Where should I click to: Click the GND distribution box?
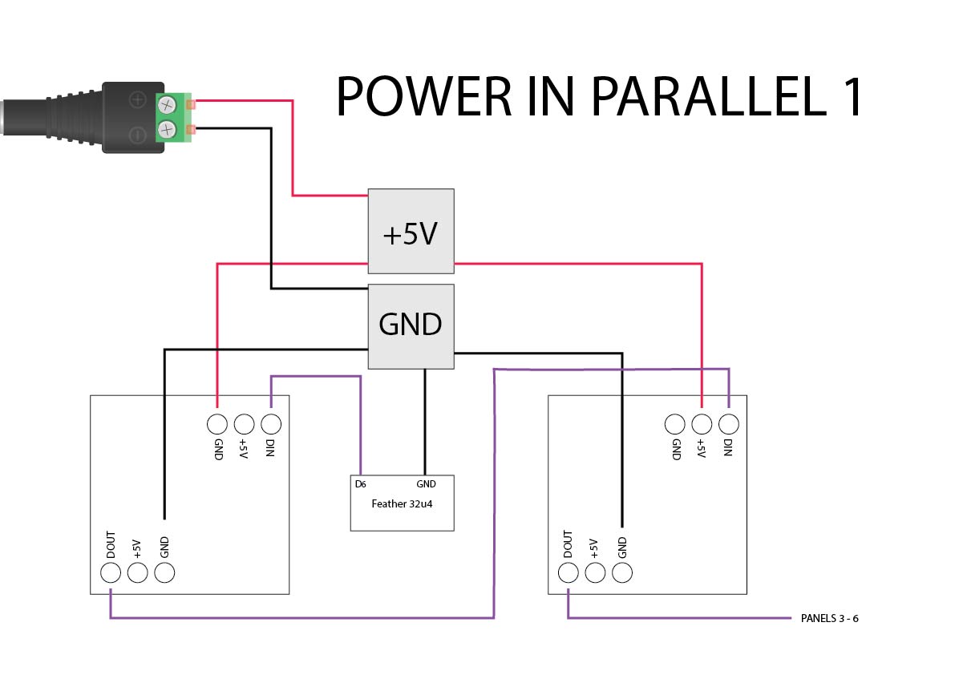[411, 325]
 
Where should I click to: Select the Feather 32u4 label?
[402, 504]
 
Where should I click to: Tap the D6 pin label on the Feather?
[361, 484]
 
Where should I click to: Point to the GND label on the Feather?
[426, 484]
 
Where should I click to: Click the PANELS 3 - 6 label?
[830, 619]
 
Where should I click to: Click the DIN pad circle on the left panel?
[271, 424]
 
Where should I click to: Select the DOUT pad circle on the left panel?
[111, 572]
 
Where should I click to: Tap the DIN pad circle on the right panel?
[729, 424]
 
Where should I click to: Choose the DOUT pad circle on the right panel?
[568, 572]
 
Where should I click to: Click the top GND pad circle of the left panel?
[216, 424]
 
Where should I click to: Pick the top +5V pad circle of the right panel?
[702, 424]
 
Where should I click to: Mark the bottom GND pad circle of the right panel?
[622, 572]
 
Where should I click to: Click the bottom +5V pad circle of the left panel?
[138, 572]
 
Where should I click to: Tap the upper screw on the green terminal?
[168, 104]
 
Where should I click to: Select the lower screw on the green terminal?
[168, 129]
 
